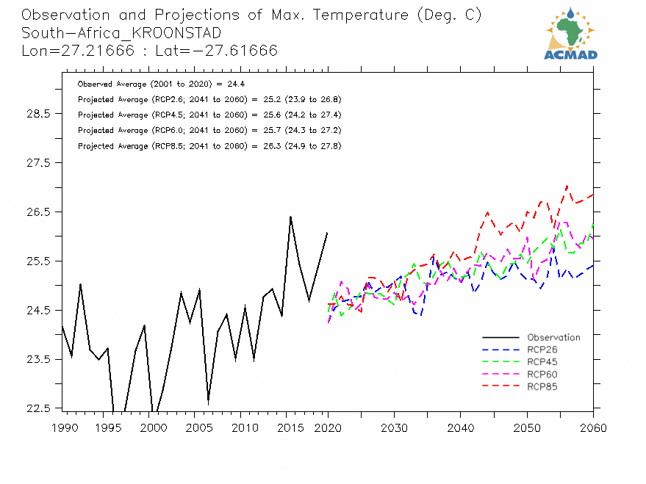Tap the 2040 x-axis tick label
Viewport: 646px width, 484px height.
460,427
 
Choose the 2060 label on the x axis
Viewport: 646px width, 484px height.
592,427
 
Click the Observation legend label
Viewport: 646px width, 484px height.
553,338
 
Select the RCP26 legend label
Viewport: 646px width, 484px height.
542,350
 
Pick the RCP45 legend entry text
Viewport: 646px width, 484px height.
542,362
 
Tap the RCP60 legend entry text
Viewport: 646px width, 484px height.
542,375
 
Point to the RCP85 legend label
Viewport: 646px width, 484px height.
542,386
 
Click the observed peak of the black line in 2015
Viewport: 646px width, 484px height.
290,217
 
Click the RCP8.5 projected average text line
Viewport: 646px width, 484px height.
209,146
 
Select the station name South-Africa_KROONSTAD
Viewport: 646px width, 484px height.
121,33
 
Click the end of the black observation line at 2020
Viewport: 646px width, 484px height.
328,232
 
